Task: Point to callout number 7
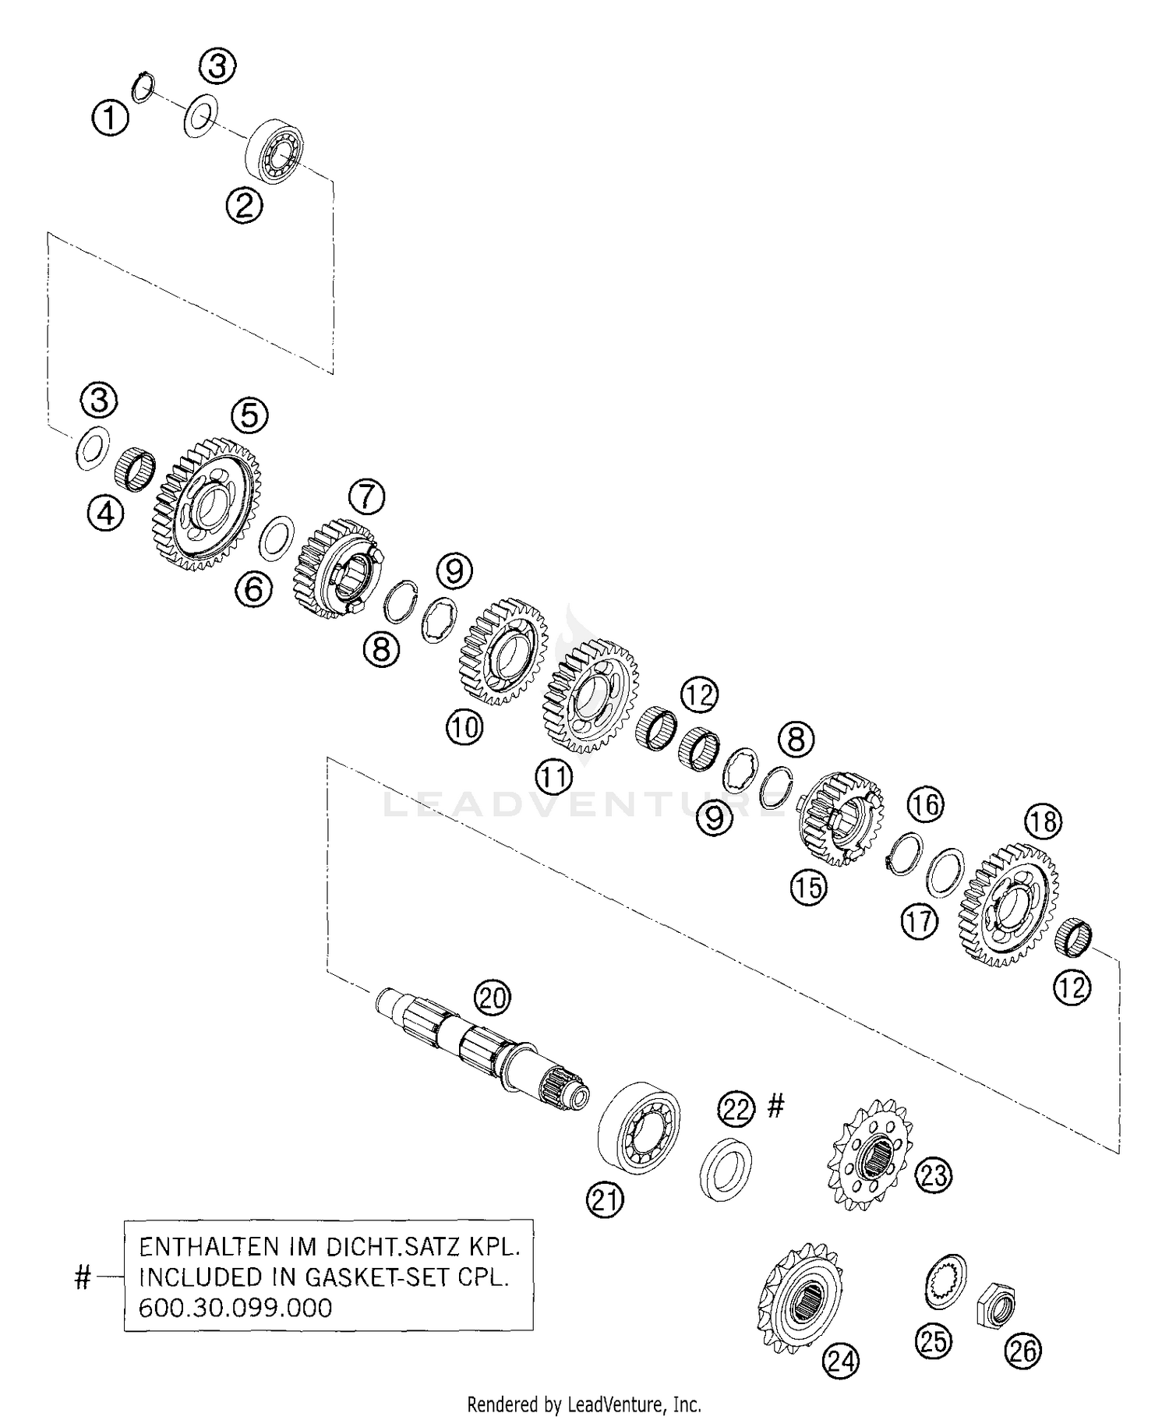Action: coord(367,496)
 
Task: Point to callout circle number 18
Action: coord(1044,821)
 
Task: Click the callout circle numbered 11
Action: coord(554,775)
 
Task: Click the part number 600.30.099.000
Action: coord(235,1307)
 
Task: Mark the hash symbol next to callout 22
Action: coord(775,1104)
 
